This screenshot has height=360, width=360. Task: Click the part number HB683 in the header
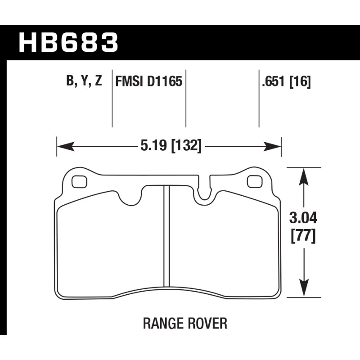point(68,42)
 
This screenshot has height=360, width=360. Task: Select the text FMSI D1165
point(148,81)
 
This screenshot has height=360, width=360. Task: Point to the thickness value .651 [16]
point(286,81)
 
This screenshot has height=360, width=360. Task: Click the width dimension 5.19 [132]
point(171,145)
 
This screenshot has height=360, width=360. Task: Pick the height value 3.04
point(303,218)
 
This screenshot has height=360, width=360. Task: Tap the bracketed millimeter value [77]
point(303,236)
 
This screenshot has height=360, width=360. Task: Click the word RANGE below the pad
point(163,323)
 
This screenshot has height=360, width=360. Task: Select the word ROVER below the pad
point(207,323)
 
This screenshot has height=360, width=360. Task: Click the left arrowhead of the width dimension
point(66,146)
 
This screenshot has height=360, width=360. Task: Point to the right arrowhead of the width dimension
point(272,146)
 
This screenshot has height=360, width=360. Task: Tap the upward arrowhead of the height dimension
point(304,176)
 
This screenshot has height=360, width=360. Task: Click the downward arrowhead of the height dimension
point(304,288)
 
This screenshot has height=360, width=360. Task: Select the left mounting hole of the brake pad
point(79,182)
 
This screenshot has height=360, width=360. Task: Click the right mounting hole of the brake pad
point(255,182)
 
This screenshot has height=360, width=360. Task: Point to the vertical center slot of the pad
point(166,236)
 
